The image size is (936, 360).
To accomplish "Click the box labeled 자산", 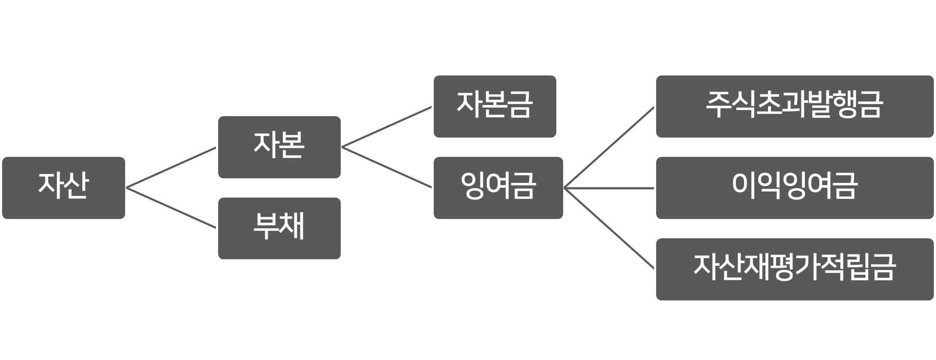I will pos(63,188).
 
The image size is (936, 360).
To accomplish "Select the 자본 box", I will pos(279,147).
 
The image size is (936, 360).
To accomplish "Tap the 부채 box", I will pos(279,228).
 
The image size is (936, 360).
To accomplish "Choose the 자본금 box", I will pos(495,106).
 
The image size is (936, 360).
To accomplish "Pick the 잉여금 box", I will pos(498,188).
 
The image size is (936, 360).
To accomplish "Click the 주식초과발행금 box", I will pos(795,106).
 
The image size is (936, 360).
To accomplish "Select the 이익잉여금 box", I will pos(795,188).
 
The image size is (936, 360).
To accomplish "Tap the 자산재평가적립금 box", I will pos(795,269).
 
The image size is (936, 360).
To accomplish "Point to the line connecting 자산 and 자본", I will pos(171,168).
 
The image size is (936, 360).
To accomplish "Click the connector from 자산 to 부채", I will pos(171,208).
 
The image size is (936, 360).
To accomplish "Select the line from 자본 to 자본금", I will pos(387,127).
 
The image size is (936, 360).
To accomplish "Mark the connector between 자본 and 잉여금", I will pos(387,168).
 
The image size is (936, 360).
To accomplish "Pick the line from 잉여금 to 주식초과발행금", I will pos(609,147).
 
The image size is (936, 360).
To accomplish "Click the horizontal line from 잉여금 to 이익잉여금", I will pos(609,188).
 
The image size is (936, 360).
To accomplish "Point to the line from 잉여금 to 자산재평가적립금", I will pos(609,228).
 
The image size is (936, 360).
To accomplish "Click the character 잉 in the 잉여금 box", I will pos(473,186).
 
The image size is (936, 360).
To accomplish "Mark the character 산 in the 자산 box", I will pos(76,186).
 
